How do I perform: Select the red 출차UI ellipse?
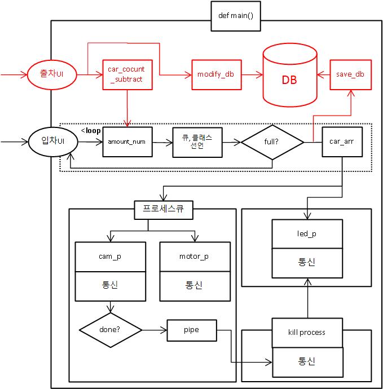[x=52, y=74]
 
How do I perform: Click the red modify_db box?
[x=215, y=74]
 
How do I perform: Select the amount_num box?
[x=126, y=142]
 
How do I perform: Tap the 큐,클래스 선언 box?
[x=198, y=142]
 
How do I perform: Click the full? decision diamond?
[x=272, y=142]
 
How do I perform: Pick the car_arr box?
[x=341, y=142]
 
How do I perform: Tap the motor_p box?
[x=195, y=257]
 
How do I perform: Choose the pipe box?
[x=191, y=330]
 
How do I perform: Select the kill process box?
[x=307, y=333]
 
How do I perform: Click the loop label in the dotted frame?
[x=92, y=131]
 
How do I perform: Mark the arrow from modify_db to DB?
[x=251, y=74]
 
